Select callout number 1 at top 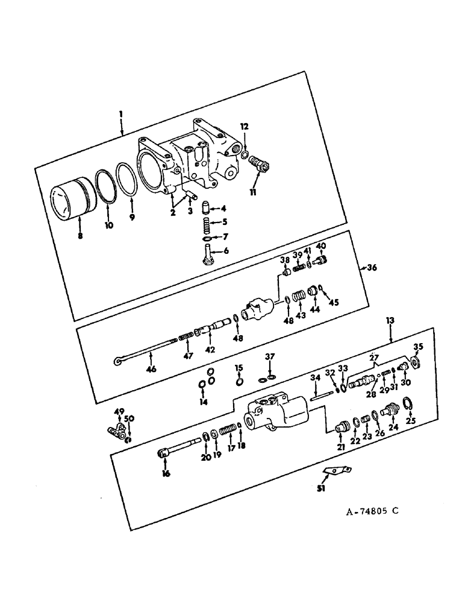(121, 113)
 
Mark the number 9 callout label (132, 215)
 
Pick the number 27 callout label (373, 356)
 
